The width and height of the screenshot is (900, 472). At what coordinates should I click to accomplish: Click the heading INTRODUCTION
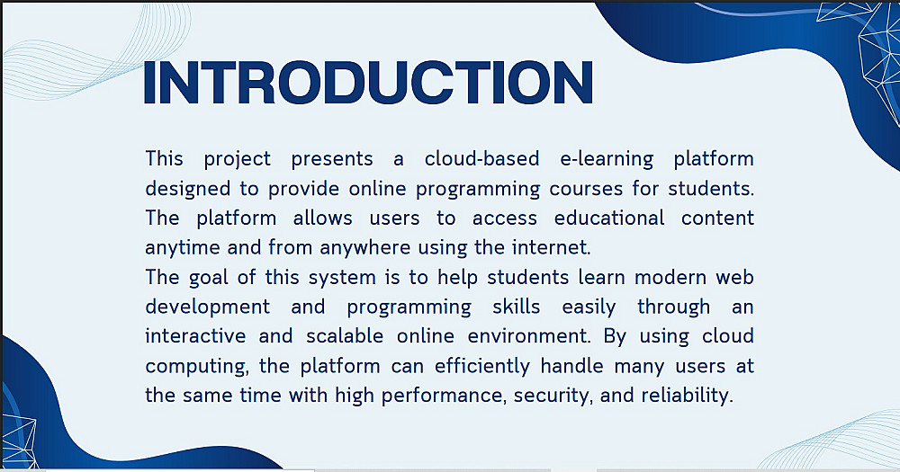(368, 82)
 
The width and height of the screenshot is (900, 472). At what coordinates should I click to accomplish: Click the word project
(237, 160)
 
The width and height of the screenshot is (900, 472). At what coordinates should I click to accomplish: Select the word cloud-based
(482, 158)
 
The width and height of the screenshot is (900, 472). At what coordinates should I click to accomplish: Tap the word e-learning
(607, 160)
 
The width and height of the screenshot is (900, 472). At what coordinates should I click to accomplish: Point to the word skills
(516, 307)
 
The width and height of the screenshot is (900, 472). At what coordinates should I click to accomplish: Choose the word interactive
(195, 336)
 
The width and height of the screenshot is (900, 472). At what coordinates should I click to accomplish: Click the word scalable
(345, 336)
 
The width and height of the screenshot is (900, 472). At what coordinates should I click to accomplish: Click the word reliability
(687, 396)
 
